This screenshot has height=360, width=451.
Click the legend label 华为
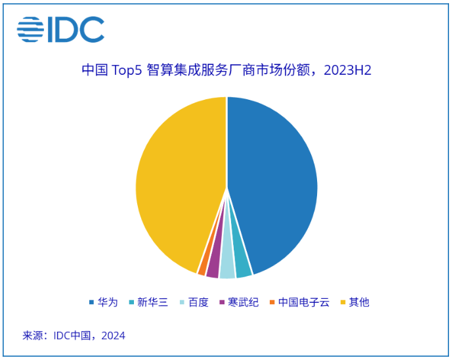coord(108,302)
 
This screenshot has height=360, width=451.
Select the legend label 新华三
coord(152,302)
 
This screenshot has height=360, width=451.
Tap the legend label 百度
coord(198,302)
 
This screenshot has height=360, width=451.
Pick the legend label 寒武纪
coord(243,302)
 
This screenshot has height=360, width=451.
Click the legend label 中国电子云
coord(304,302)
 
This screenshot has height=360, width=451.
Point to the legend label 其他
coord(359,302)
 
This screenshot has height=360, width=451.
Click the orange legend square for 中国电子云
coord(272,302)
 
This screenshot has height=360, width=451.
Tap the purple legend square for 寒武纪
coord(222,302)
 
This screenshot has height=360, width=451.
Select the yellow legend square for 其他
coord(343,302)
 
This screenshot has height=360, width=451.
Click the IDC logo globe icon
coord(30,30)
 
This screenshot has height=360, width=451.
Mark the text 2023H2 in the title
coord(347,70)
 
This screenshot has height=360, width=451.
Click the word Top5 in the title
coord(127,70)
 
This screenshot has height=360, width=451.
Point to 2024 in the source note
coord(114,336)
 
